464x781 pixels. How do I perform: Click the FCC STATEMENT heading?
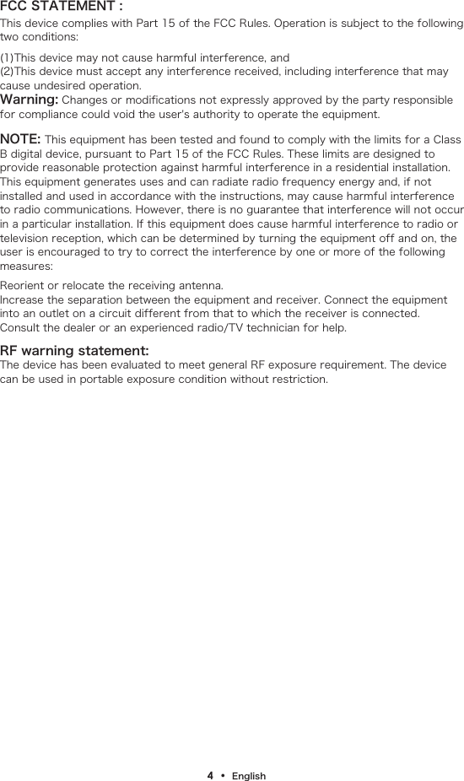(62, 8)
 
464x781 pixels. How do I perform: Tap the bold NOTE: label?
(20, 138)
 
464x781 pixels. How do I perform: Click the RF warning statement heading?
(75, 350)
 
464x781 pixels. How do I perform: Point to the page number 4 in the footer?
(211, 775)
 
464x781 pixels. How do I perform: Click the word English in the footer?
(249, 776)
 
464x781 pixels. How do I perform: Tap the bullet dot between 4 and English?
(224, 775)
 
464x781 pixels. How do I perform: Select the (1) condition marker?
(8, 57)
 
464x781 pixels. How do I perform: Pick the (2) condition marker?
(8, 72)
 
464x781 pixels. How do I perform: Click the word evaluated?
(158, 364)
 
